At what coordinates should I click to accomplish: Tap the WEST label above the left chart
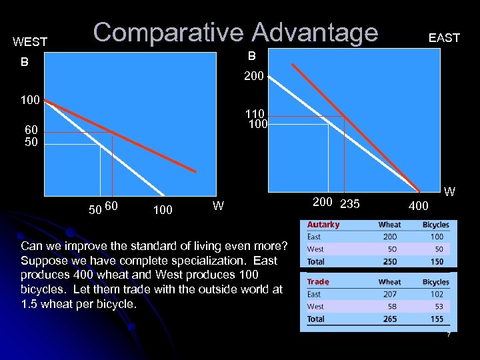point(30,42)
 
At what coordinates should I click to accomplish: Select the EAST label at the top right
point(444,38)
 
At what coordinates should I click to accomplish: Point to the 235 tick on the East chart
point(350,204)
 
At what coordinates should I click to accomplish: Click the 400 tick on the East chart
point(418,206)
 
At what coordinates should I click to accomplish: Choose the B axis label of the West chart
point(24,63)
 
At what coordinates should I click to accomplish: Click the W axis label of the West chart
point(218,205)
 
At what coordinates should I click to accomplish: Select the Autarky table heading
point(323,225)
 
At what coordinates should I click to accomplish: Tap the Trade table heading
point(319,282)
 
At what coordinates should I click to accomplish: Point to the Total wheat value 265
point(390,319)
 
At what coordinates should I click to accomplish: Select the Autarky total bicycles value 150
point(436,262)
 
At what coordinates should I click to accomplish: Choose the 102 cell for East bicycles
point(436,294)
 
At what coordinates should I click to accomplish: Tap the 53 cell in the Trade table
point(436,307)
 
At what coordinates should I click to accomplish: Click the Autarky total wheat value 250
point(390,262)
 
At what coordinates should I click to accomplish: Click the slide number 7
point(448,334)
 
